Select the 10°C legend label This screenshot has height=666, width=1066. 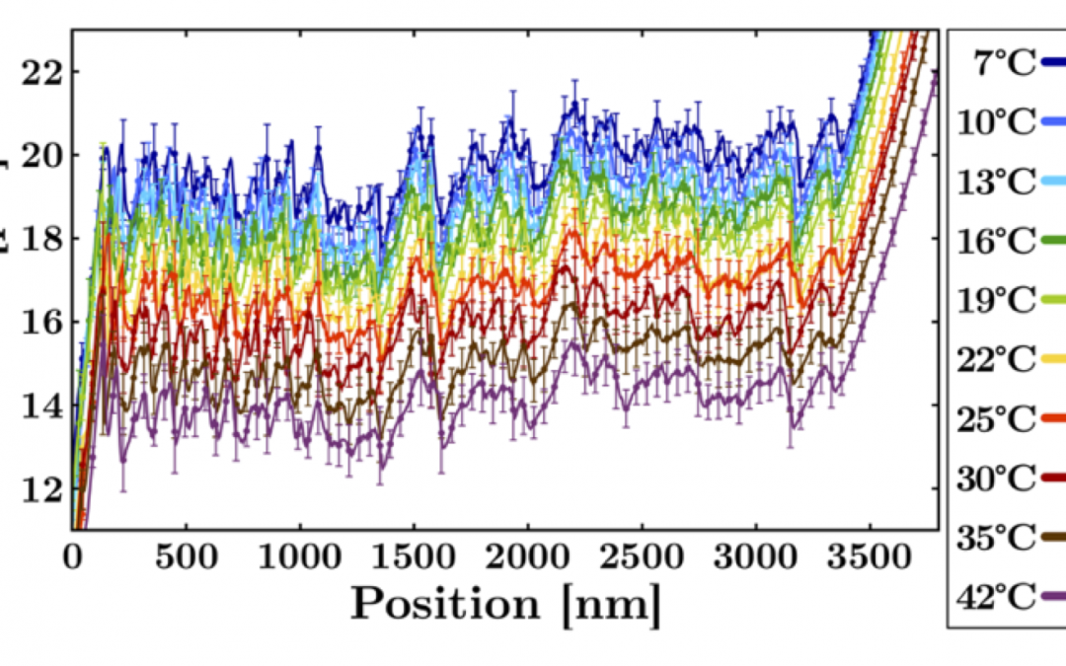click(997, 123)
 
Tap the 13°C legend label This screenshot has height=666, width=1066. click(997, 183)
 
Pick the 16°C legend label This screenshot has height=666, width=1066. click(997, 242)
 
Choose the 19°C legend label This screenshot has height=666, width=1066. click(997, 301)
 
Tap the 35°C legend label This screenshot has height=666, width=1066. click(997, 538)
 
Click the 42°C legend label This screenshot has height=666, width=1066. click(997, 597)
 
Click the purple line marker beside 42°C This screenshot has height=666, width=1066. click(1054, 597)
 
